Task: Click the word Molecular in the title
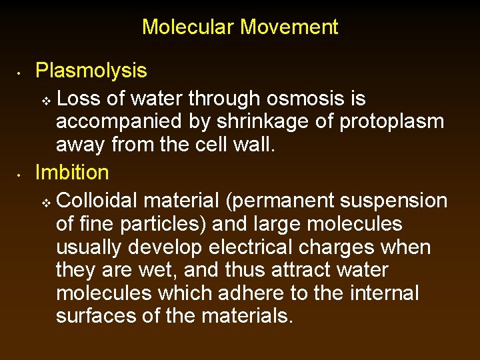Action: click(189, 27)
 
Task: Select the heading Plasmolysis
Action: click(91, 71)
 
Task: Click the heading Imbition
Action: click(72, 173)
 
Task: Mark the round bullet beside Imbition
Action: click(21, 174)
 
